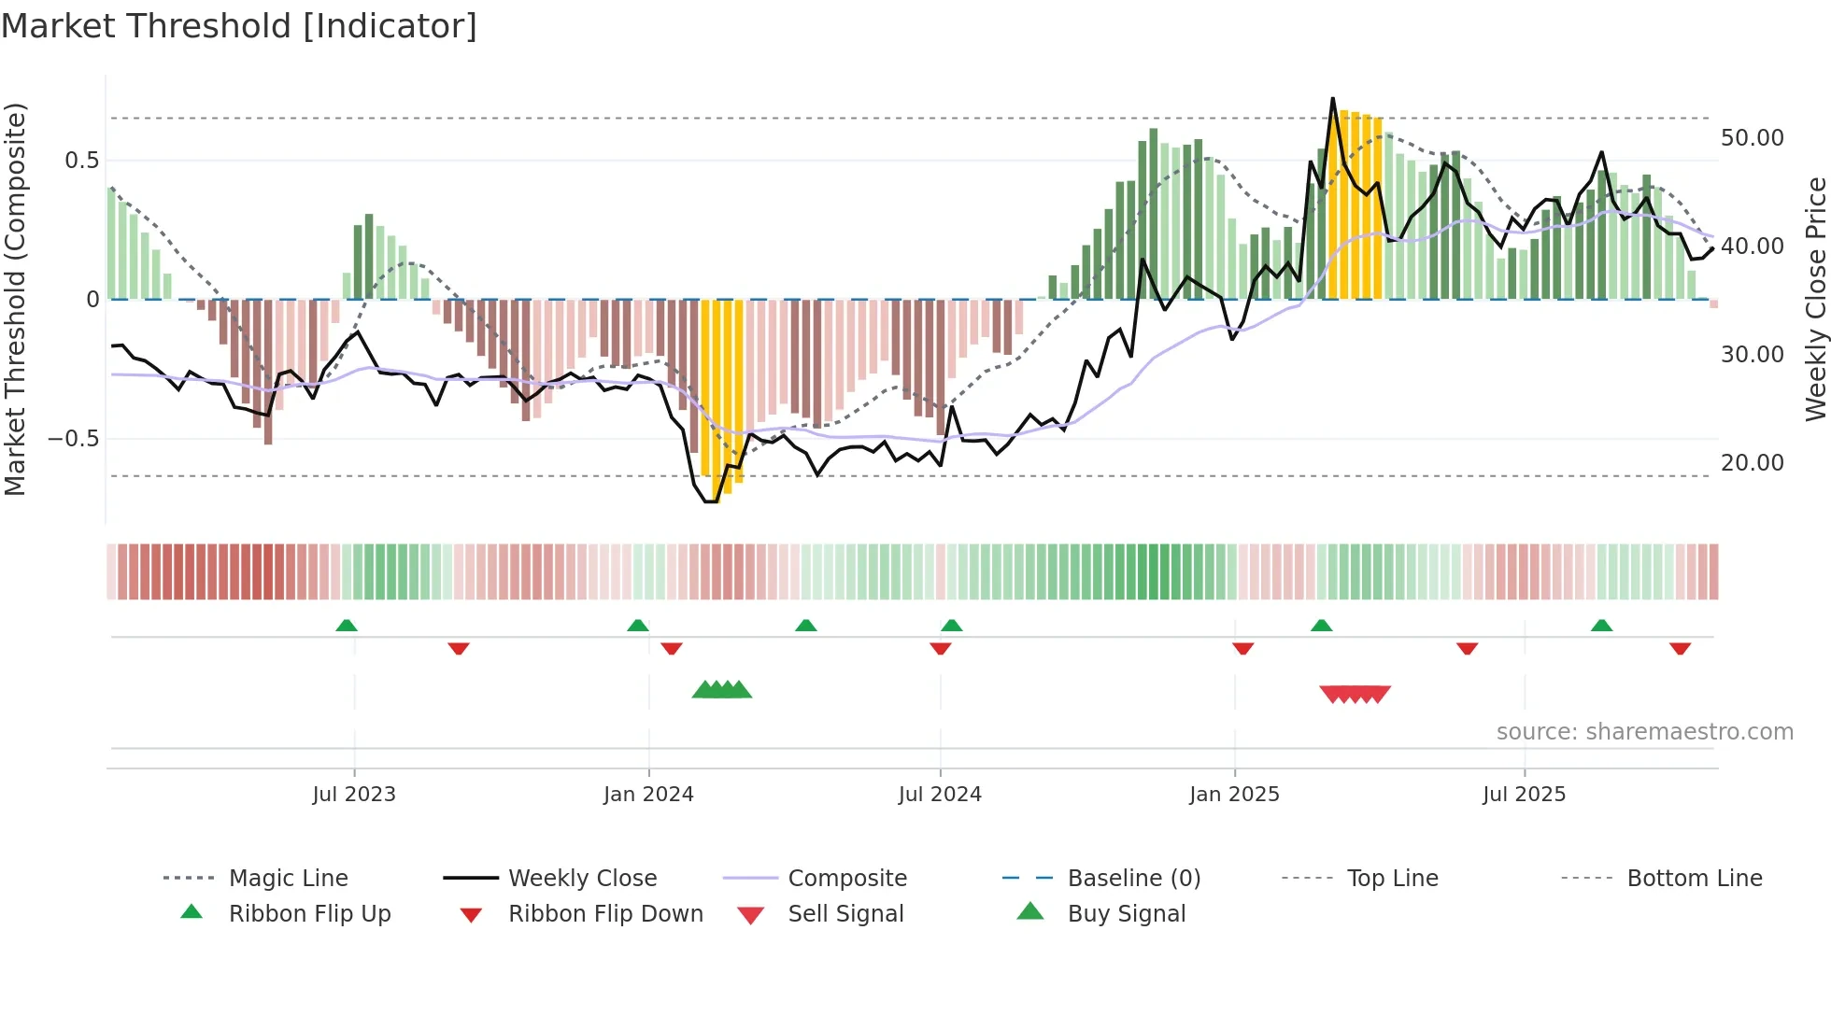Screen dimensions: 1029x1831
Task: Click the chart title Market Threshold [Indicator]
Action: tap(239, 26)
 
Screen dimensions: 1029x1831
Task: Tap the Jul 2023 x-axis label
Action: tap(354, 795)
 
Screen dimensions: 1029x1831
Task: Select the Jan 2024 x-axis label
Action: tap(648, 795)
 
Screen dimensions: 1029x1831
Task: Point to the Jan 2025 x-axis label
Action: tap(1234, 795)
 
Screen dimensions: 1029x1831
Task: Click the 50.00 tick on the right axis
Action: tap(1752, 138)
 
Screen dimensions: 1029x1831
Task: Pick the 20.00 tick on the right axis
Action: tap(1752, 463)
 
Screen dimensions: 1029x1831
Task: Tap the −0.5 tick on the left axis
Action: tap(74, 439)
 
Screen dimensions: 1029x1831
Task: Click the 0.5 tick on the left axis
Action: tap(81, 161)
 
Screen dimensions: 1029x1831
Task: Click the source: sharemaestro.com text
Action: tap(1644, 732)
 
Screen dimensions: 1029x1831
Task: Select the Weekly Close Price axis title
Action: tap(1815, 299)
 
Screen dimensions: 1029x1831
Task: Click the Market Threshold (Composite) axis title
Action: tap(15, 299)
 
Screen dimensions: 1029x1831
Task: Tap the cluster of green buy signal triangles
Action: tap(722, 690)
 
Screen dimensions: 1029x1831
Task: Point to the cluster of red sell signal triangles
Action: tap(1355, 694)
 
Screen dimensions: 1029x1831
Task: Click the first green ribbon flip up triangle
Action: tap(347, 625)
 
